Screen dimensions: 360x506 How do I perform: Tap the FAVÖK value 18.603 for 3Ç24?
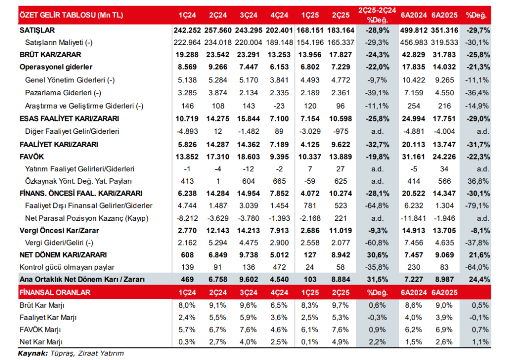point(246,157)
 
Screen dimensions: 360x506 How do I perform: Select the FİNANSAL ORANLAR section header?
point(54,292)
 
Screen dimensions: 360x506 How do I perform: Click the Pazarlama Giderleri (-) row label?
point(62,93)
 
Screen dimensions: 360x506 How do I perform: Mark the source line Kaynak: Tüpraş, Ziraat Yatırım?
point(71,353)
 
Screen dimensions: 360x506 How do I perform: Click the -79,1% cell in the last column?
point(477,205)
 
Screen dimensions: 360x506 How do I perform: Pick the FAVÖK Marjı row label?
point(42,330)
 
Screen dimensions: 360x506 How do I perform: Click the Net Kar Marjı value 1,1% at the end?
point(479,342)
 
